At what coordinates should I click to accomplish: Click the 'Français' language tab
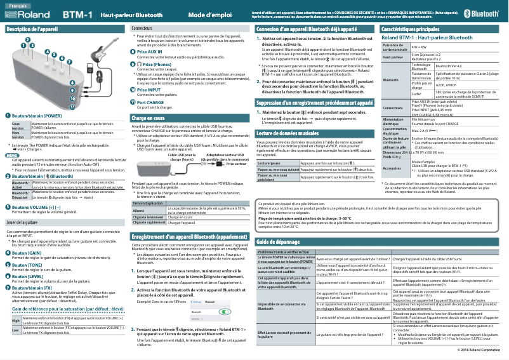[x=18, y=4]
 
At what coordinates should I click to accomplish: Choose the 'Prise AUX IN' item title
[x=150, y=50]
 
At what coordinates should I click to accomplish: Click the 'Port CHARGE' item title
[x=150, y=102]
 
